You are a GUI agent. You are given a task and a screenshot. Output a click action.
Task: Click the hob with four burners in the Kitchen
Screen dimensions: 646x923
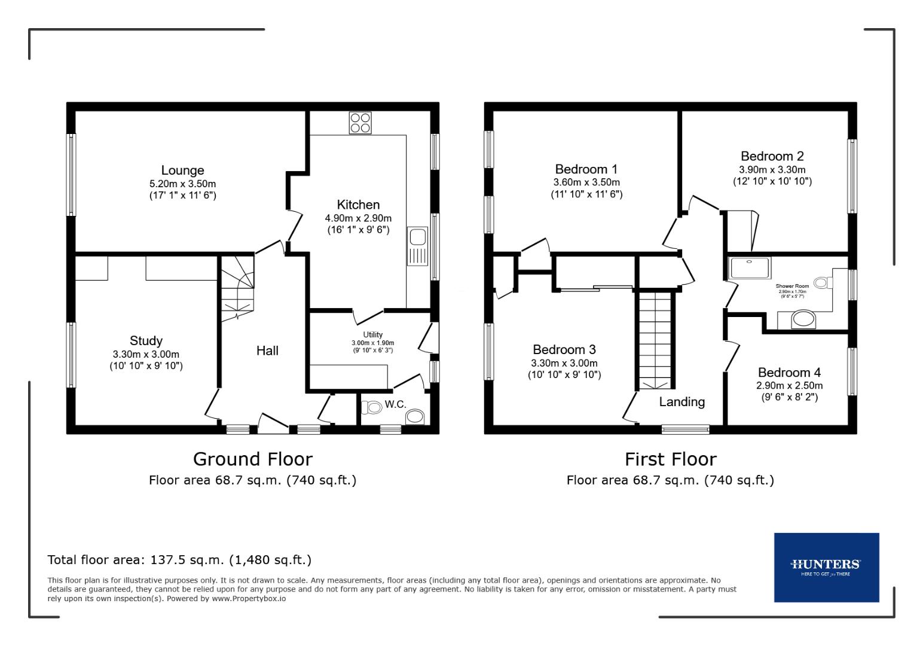(x=360, y=123)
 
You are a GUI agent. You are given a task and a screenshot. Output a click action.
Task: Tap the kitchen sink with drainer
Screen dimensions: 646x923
(x=417, y=245)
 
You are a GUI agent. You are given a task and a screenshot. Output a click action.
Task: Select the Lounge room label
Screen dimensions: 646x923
(x=182, y=170)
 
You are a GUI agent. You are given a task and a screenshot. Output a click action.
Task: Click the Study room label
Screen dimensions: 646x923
(x=146, y=340)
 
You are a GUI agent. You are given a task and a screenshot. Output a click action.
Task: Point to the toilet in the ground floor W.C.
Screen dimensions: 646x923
(x=372, y=407)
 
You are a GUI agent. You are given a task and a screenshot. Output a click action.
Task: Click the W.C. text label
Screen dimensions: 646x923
(x=395, y=404)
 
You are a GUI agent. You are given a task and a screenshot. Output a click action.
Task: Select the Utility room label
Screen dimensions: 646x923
(x=372, y=334)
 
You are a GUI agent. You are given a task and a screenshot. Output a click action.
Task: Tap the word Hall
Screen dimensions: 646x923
(x=267, y=351)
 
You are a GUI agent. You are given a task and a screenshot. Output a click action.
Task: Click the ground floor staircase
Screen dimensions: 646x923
(x=238, y=286)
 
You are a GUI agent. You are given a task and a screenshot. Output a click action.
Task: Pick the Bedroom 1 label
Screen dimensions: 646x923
(x=586, y=169)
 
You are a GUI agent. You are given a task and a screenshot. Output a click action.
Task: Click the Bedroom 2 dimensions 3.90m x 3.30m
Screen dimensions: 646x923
(x=772, y=169)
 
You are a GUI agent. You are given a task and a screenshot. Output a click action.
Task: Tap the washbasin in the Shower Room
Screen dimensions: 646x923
(x=803, y=319)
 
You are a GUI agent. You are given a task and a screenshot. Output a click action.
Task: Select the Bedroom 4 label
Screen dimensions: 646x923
(x=789, y=373)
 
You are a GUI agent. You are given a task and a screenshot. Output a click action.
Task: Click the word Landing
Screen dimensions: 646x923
(x=681, y=402)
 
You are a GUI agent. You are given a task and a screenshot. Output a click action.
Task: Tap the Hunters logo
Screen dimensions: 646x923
(x=826, y=566)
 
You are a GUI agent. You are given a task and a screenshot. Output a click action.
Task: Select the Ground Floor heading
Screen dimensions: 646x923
(x=252, y=459)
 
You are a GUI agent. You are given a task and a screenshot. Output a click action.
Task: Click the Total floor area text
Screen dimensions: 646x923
(x=179, y=560)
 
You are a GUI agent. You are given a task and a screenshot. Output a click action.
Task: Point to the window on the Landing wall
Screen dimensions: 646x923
(x=685, y=428)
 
